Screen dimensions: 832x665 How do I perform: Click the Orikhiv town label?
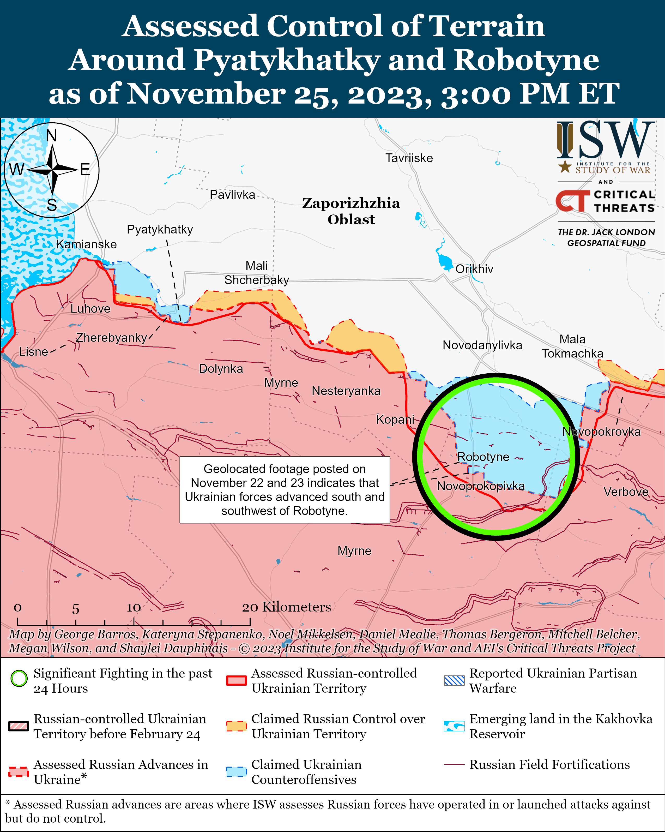pos(474,269)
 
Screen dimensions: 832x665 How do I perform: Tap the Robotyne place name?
pos(483,457)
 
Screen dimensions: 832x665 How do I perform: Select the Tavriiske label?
pos(409,158)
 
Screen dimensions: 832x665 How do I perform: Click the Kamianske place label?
pos(86,244)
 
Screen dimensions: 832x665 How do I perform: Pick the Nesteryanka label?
pos(346,391)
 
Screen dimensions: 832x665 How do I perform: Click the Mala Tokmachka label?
pos(572,346)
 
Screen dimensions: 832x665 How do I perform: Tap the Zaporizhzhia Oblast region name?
pos(351,211)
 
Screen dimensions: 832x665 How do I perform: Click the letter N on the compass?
pos(51,136)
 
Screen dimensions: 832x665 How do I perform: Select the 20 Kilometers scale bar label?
pos(286,607)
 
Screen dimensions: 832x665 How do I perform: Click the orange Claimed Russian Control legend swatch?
pos(236,726)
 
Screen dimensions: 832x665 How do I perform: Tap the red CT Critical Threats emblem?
pos(572,201)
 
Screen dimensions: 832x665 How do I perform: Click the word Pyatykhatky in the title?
pos(286,60)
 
